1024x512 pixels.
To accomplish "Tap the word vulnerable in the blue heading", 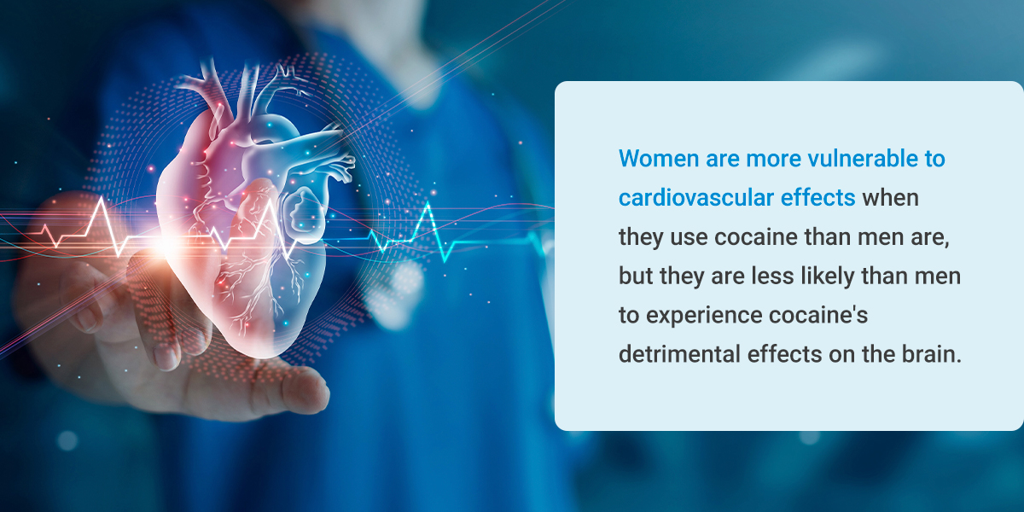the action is [x=863, y=159].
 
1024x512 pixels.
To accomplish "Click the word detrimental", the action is [x=679, y=354].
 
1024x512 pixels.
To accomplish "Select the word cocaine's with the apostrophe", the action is [x=818, y=316].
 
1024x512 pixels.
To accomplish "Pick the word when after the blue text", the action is [x=891, y=198].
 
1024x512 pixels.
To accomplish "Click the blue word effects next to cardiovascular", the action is [x=817, y=198].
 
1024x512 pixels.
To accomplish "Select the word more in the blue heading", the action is [x=773, y=159].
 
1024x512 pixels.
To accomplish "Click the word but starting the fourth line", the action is [x=636, y=276].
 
